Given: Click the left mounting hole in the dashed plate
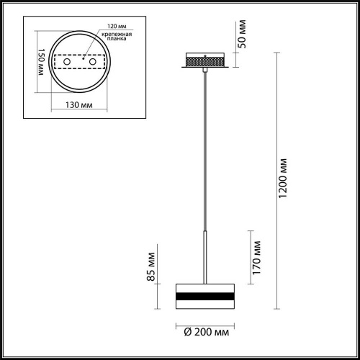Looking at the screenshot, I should point(68,64).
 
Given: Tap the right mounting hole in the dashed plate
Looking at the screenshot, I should point(92,64).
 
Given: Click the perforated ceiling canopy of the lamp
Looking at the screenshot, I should point(206,63).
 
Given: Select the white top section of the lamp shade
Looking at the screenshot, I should point(204,284).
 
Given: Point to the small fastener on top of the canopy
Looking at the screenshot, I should point(206,55).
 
